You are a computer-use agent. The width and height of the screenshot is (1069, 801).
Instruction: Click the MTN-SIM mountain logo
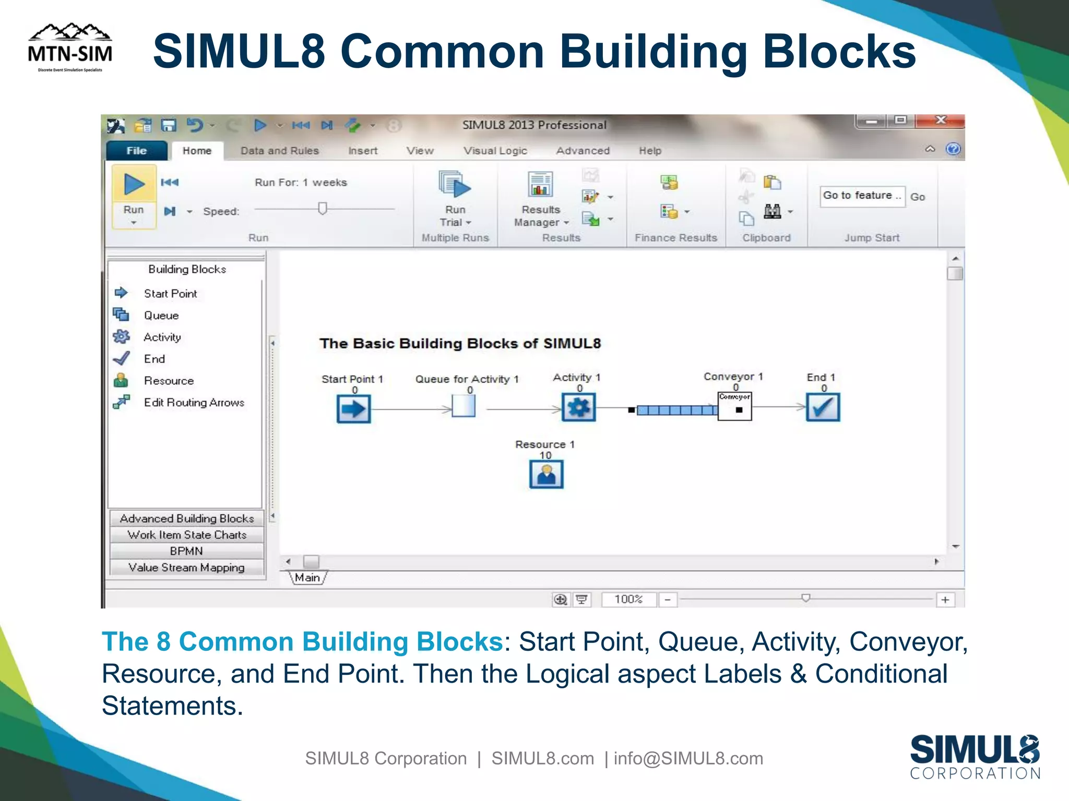pos(70,47)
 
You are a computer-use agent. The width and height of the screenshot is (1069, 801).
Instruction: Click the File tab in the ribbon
pos(137,151)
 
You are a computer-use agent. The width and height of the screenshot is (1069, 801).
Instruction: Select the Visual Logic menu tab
pos(495,151)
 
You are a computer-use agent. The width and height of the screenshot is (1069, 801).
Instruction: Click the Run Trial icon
pos(455,185)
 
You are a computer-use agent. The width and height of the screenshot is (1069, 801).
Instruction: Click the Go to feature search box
pos(862,196)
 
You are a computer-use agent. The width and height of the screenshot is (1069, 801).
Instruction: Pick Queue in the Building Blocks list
pos(161,315)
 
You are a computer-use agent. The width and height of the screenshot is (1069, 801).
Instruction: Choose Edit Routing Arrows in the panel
pos(194,403)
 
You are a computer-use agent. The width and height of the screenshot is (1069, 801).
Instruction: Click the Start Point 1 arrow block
pos(353,409)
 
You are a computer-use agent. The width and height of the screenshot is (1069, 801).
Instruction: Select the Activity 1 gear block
pos(578,407)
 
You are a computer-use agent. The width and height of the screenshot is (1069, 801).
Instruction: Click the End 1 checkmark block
pos(823,407)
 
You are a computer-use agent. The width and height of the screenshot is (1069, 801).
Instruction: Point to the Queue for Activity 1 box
pos(464,406)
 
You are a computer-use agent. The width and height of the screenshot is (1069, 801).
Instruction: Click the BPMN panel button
pos(186,551)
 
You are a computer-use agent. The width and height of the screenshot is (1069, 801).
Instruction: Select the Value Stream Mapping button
pos(186,567)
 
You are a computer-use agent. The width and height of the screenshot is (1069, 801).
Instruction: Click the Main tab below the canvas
pos(307,578)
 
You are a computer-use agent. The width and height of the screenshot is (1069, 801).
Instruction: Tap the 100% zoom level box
pos(628,599)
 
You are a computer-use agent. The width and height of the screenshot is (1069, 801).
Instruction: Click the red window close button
pos(941,120)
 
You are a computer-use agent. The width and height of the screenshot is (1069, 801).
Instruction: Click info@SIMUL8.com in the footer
pos(688,758)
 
